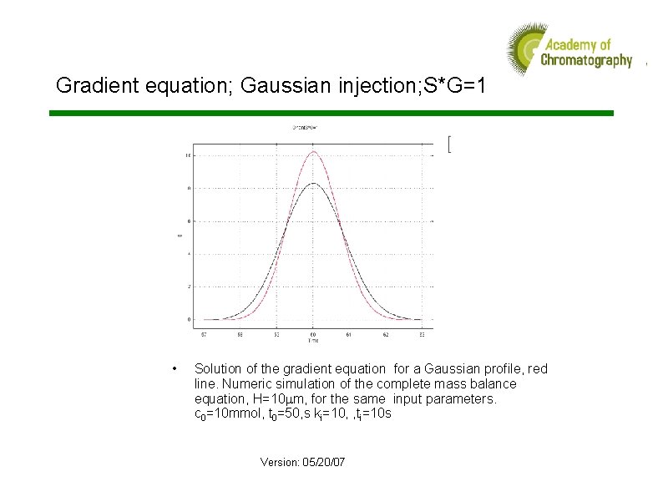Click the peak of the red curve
pos(313,151)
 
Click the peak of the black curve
pos(312,183)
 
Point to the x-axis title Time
pos(312,340)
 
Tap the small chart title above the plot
pos(304,128)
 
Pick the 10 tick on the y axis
pos(189,155)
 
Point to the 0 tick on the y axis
pos(190,319)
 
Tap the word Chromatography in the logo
pos(586,60)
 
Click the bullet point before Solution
pos(172,368)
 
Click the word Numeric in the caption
pos(244,383)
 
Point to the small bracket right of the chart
pos(449,144)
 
